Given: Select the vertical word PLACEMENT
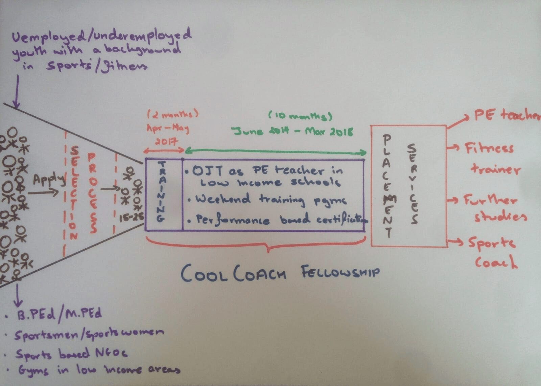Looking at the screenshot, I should coord(387,186).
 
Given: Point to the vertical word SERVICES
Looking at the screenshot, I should coord(413,184).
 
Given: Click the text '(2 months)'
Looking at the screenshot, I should coord(173,114).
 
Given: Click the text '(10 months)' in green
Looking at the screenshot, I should coord(301,116).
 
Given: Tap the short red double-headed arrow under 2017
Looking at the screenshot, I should coord(164,151).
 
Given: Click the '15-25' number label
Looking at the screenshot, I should coord(131,218).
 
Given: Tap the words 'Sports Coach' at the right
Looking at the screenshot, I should coord(494,252).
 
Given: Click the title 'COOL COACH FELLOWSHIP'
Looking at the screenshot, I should coord(280,273).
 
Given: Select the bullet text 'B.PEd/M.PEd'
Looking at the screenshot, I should coord(59,314).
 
